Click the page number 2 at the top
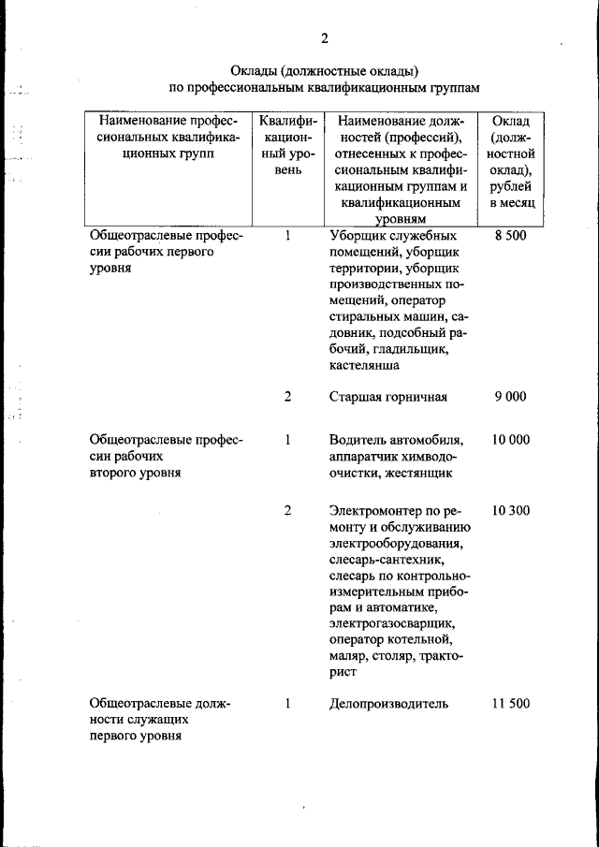(324, 38)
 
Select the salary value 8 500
(511, 236)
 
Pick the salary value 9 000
(511, 397)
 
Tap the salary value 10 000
(511, 440)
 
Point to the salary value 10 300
(511, 511)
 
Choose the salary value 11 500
(511, 704)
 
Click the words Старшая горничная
(387, 397)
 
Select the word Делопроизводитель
(388, 704)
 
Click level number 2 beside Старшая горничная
(288, 397)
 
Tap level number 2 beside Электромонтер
(288, 511)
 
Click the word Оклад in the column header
(511, 122)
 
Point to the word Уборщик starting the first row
(358, 236)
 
